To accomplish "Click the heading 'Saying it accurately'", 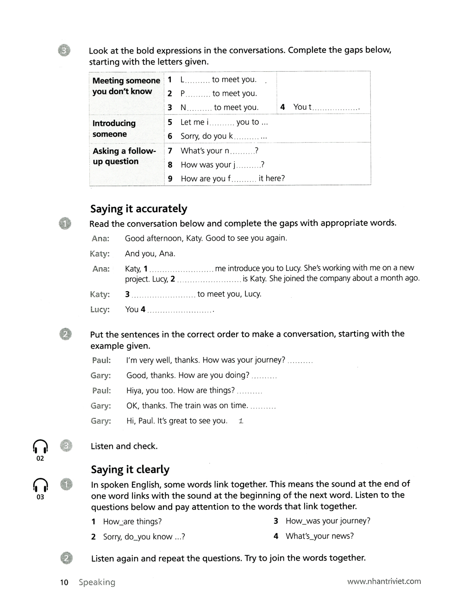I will pyautogui.click(x=138, y=209).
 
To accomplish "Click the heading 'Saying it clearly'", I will pyautogui.click(x=130, y=470).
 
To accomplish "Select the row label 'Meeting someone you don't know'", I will pyautogui.click(x=126, y=86).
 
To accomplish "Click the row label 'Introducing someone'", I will pyautogui.click(x=114, y=129).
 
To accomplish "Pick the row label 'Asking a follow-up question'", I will pyautogui.click(x=124, y=156).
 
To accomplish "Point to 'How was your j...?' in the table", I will pyautogui.click(x=222, y=165).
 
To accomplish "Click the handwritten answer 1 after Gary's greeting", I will pyautogui.click(x=241, y=421).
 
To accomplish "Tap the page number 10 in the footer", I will pyautogui.click(x=64, y=583).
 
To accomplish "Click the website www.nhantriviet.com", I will pyautogui.click(x=384, y=581).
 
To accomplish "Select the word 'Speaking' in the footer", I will pyautogui.click(x=97, y=583).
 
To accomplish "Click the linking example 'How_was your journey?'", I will pyautogui.click(x=328, y=521).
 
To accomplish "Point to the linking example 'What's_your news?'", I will pyautogui.click(x=319, y=536).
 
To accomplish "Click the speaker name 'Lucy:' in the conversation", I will pyautogui.click(x=100, y=309).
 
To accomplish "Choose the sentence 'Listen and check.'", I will pyautogui.click(x=124, y=446).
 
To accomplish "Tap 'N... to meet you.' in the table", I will pyautogui.click(x=219, y=107).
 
